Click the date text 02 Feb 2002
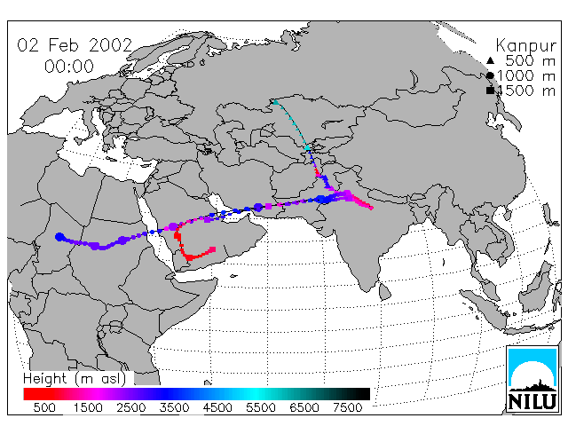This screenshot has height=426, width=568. pos(75,45)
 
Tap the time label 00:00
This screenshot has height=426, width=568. pos(69,67)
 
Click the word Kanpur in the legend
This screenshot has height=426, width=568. pos(525,46)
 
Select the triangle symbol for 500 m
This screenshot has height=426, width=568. pos(490,60)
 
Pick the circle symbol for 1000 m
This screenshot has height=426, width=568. pos(490,75)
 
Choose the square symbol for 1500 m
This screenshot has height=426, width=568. pos(490,91)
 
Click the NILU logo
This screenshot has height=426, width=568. pos(532,379)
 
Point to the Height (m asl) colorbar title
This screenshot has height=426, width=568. pos(75,379)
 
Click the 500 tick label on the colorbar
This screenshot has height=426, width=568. pos(44,407)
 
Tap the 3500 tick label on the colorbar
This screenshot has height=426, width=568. pos(174,407)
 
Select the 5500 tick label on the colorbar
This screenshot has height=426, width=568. pos(260,407)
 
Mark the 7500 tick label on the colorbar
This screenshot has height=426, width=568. pos(347,407)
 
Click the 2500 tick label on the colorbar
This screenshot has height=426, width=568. pos(130,407)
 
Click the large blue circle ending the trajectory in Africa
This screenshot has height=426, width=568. pos(59,237)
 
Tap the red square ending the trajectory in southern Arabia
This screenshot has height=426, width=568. pos(213,249)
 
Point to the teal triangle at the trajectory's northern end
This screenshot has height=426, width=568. pos(275,102)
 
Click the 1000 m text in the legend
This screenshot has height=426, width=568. pos(526,75)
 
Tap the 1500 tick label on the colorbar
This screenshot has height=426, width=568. pos(88,407)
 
